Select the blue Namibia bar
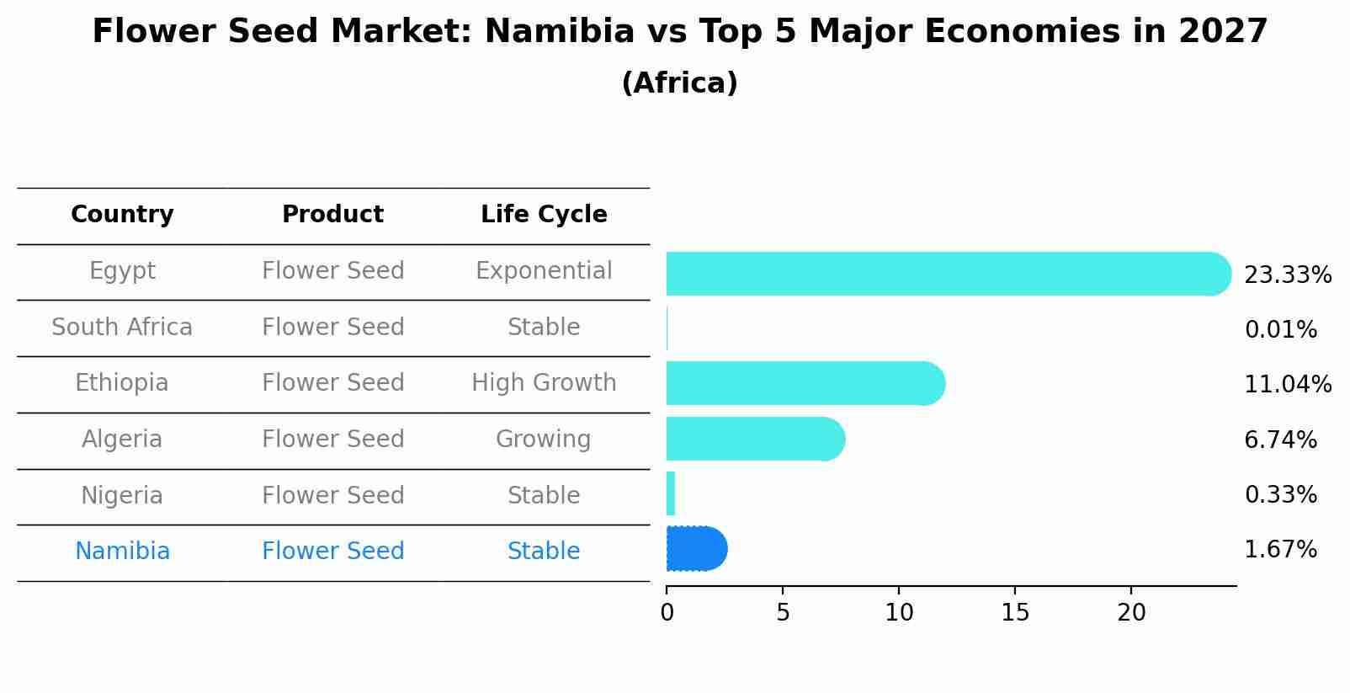(x=696, y=549)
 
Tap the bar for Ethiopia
(x=804, y=383)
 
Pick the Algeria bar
(x=754, y=439)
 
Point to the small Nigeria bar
(x=671, y=493)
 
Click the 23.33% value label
(x=1287, y=275)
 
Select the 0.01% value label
(x=1280, y=330)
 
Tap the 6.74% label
(x=1280, y=440)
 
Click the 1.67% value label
(x=1280, y=550)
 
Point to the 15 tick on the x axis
(x=1015, y=613)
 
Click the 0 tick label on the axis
(x=667, y=613)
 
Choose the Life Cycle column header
(x=544, y=215)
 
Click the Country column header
(x=122, y=215)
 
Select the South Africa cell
(x=122, y=327)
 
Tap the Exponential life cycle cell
(x=544, y=271)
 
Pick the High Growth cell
(x=544, y=383)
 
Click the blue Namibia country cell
(x=122, y=552)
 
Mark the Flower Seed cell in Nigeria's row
(x=332, y=495)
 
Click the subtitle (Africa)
(x=679, y=83)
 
